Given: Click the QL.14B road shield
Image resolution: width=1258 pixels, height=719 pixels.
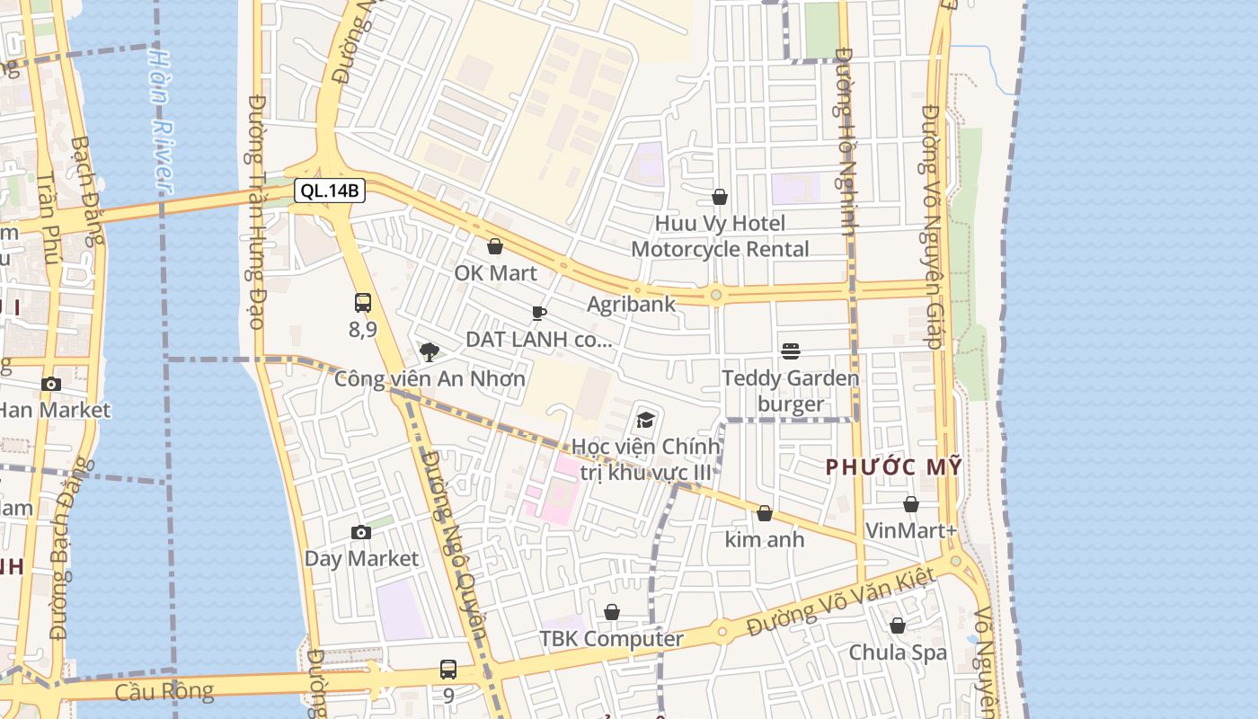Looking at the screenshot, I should point(329,191).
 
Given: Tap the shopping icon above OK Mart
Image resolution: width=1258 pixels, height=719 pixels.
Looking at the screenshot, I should point(495,246).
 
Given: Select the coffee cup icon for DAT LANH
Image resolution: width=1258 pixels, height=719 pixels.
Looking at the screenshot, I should point(538,313).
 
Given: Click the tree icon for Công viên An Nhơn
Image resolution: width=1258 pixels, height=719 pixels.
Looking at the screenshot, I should point(430,351).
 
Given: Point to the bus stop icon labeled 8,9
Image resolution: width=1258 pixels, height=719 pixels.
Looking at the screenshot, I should point(363,303).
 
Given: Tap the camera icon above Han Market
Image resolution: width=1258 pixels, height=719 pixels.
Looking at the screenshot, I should point(51,384).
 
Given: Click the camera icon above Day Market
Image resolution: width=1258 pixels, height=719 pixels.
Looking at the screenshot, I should point(360,532).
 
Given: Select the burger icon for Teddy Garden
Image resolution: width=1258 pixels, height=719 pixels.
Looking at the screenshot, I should point(791,351).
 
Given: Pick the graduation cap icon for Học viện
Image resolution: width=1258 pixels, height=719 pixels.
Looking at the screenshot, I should point(645,420).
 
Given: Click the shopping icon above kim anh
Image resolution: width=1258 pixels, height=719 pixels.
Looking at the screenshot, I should point(765,513).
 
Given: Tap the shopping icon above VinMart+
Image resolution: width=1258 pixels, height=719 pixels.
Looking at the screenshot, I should point(911,504).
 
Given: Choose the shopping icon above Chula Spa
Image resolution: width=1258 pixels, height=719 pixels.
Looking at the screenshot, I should point(897,626).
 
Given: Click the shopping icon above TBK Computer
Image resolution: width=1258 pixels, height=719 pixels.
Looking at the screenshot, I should point(612,612).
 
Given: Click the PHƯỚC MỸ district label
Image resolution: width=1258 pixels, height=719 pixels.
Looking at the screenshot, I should point(894,467).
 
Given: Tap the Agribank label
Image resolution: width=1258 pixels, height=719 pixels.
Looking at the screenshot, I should point(631,304).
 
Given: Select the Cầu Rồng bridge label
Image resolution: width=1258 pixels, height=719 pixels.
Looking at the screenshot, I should point(164,691).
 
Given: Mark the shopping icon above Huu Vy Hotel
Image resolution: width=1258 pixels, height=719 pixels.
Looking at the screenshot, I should point(720,197).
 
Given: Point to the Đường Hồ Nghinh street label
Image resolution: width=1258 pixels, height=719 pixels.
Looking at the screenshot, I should point(844,141).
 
